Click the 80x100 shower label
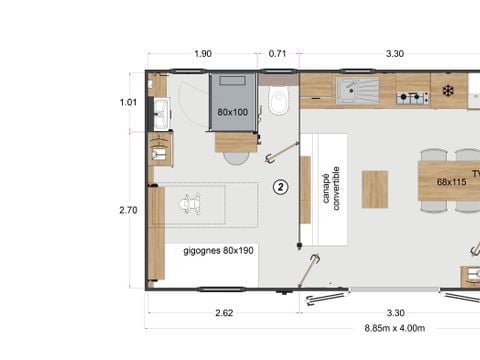(233, 112)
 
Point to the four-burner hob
(411, 97)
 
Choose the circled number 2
(281, 187)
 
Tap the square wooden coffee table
(375, 189)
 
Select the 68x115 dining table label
(452, 182)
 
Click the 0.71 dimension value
(278, 53)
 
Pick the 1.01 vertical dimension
(127, 101)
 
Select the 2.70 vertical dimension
(127, 211)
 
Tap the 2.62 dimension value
(223, 312)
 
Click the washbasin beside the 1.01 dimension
(160, 112)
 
